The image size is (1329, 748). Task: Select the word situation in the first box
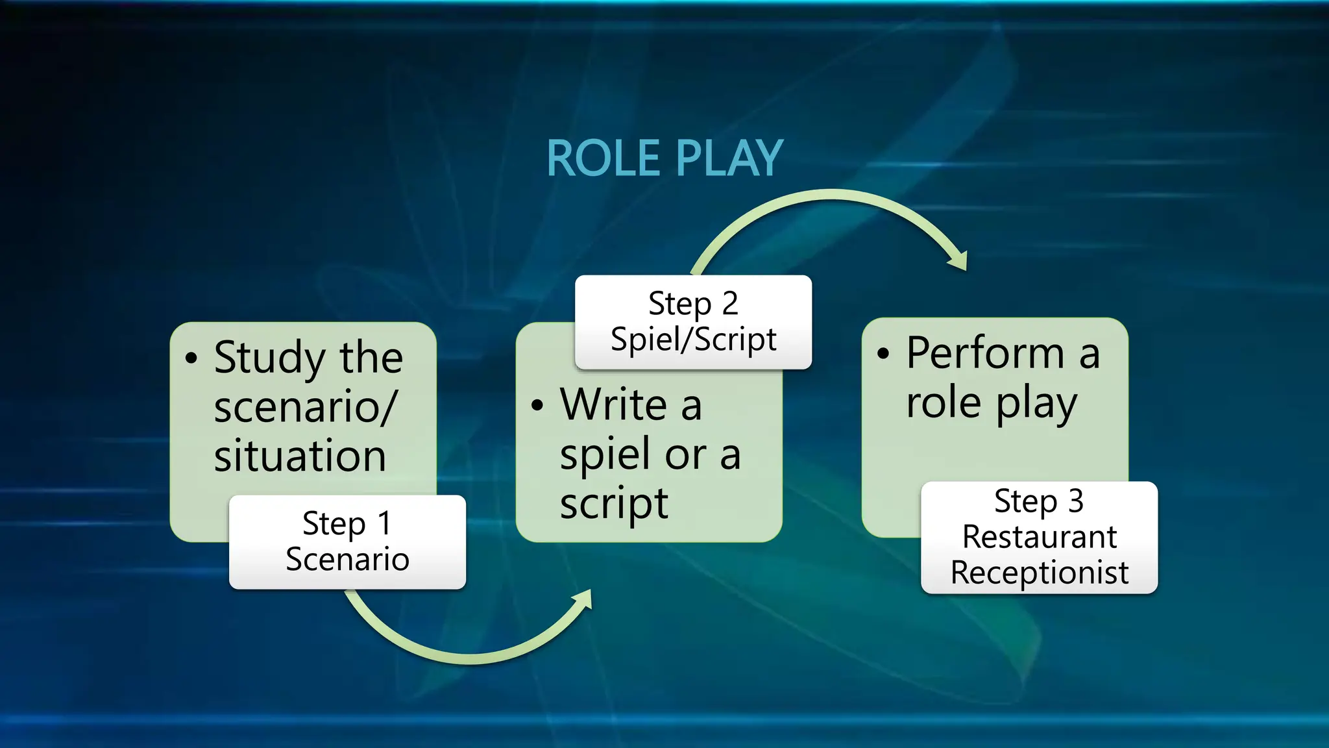(300, 456)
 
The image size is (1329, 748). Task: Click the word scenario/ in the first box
(304, 407)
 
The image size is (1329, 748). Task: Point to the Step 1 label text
(347, 523)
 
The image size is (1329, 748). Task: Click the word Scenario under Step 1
(347, 559)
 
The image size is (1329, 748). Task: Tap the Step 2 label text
(693, 303)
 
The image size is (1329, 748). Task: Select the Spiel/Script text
(693, 340)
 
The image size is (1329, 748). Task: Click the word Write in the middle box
(613, 405)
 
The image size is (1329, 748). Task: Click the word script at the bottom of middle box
(613, 505)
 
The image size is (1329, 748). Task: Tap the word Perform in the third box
(985, 353)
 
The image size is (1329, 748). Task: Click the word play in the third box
(1036, 404)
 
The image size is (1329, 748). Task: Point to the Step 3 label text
(1039, 501)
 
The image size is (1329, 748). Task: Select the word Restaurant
(1039, 537)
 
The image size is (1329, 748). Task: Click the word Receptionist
(1039, 573)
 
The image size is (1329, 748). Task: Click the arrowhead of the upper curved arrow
(959, 260)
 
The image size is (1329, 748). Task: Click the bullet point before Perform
(883, 354)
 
